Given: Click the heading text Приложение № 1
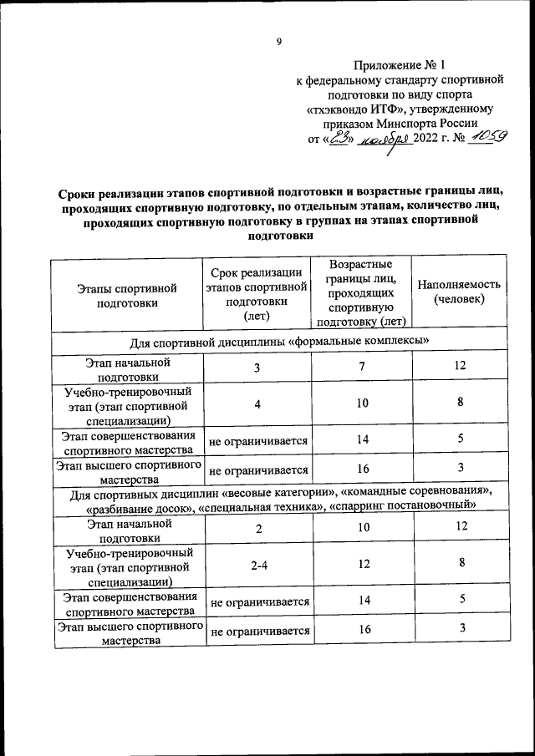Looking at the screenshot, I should pyautogui.click(x=400, y=64).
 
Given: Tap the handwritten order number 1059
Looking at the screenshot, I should pyautogui.click(x=486, y=138).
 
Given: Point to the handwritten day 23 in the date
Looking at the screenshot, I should pyautogui.click(x=339, y=139).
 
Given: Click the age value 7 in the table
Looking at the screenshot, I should pyautogui.click(x=363, y=367).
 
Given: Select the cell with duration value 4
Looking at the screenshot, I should pyautogui.click(x=258, y=404).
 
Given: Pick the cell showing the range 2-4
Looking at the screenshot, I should pyautogui.click(x=258, y=565).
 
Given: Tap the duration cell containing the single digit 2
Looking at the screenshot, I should pyautogui.click(x=258, y=529).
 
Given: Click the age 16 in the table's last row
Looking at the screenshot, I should pyautogui.click(x=363, y=631).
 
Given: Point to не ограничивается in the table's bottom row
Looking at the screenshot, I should pyautogui.click(x=260, y=632).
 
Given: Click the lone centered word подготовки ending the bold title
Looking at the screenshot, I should pyautogui.click(x=279, y=236).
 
